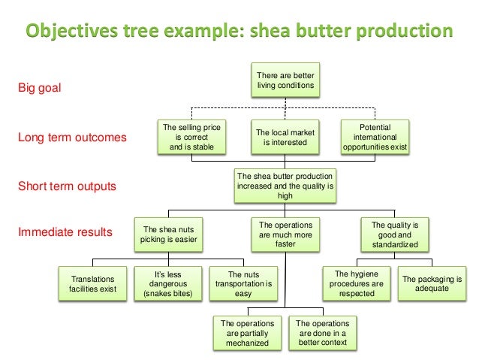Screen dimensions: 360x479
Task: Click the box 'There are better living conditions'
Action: [285, 81]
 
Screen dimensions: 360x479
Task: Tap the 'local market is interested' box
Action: [285, 138]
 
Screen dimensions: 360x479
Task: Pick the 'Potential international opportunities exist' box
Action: [375, 138]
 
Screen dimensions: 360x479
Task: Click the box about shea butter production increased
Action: [285, 185]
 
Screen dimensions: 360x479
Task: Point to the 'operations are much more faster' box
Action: [285, 234]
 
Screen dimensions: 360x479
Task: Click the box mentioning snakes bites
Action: [167, 284]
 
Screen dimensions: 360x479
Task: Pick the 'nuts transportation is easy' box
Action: [243, 284]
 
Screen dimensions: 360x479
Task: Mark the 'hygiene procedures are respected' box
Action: [357, 284]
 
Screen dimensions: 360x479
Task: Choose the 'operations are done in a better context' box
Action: [323, 333]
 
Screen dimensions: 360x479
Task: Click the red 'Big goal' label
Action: [38, 89]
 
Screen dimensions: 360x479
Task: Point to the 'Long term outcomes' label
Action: [73, 138]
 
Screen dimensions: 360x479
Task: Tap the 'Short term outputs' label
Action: [68, 185]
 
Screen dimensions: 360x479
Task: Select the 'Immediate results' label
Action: [65, 232]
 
